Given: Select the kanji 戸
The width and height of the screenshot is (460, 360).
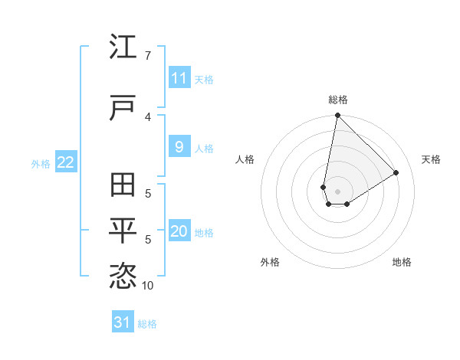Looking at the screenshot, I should pyautogui.click(x=123, y=108).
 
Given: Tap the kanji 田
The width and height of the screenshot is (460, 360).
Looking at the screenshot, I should pyautogui.click(x=123, y=186).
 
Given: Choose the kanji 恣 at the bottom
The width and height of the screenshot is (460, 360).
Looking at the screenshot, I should pyautogui.click(x=123, y=276).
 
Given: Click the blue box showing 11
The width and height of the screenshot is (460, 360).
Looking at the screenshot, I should pyautogui.click(x=179, y=78).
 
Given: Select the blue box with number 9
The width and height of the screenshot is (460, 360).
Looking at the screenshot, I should pyautogui.click(x=179, y=147).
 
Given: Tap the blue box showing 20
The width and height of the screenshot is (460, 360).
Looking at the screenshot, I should pyautogui.click(x=179, y=231).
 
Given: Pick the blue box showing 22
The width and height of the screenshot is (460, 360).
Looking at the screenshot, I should pyautogui.click(x=65, y=162).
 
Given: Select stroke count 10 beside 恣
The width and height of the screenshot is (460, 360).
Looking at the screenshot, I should pyautogui.click(x=147, y=285).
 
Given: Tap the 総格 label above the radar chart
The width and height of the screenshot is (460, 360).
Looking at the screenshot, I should pyautogui.click(x=338, y=100).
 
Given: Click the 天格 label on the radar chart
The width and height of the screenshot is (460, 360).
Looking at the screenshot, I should pyautogui.click(x=431, y=159).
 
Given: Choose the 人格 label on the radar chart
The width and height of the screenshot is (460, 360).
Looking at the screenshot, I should pyautogui.click(x=245, y=159).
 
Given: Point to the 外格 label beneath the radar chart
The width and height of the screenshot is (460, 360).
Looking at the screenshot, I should pyautogui.click(x=270, y=262).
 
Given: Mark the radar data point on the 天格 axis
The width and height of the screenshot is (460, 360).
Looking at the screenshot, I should pyautogui.click(x=396, y=172).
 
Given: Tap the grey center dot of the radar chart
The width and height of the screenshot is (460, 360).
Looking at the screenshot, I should pyautogui.click(x=338, y=191).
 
